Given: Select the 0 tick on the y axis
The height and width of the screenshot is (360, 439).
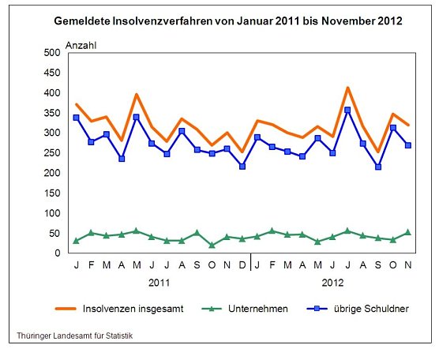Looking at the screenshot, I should [57, 253].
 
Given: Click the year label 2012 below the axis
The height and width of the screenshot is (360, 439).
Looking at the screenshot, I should [332, 281].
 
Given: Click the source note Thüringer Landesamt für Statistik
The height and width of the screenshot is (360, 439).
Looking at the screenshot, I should [75, 336].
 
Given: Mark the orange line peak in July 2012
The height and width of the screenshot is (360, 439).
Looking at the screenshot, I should [347, 88].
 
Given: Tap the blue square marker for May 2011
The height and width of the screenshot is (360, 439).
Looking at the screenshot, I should [137, 117].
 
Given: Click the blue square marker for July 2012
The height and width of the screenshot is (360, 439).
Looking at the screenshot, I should [347, 110].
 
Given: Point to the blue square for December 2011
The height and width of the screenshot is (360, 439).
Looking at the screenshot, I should [242, 167].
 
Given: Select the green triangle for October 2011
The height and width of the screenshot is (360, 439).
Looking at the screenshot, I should [212, 246].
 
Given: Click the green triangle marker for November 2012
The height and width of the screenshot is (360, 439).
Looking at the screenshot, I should [408, 232].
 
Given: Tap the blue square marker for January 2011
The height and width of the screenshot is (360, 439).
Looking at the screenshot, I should [76, 118].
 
